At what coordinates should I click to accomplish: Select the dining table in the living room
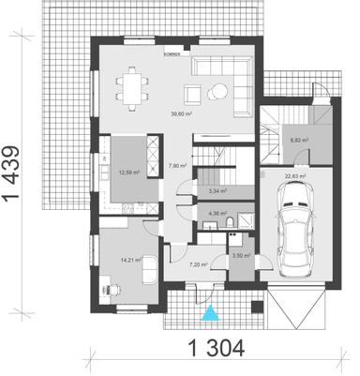[132, 88]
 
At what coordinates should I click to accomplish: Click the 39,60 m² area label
[181, 114]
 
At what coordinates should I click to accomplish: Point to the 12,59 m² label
[127, 172]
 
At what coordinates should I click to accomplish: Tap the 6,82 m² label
[300, 140]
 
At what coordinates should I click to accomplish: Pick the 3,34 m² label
[215, 190]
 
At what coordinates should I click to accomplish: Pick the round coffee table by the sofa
[218, 90]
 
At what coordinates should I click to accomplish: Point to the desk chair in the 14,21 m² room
[107, 290]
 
